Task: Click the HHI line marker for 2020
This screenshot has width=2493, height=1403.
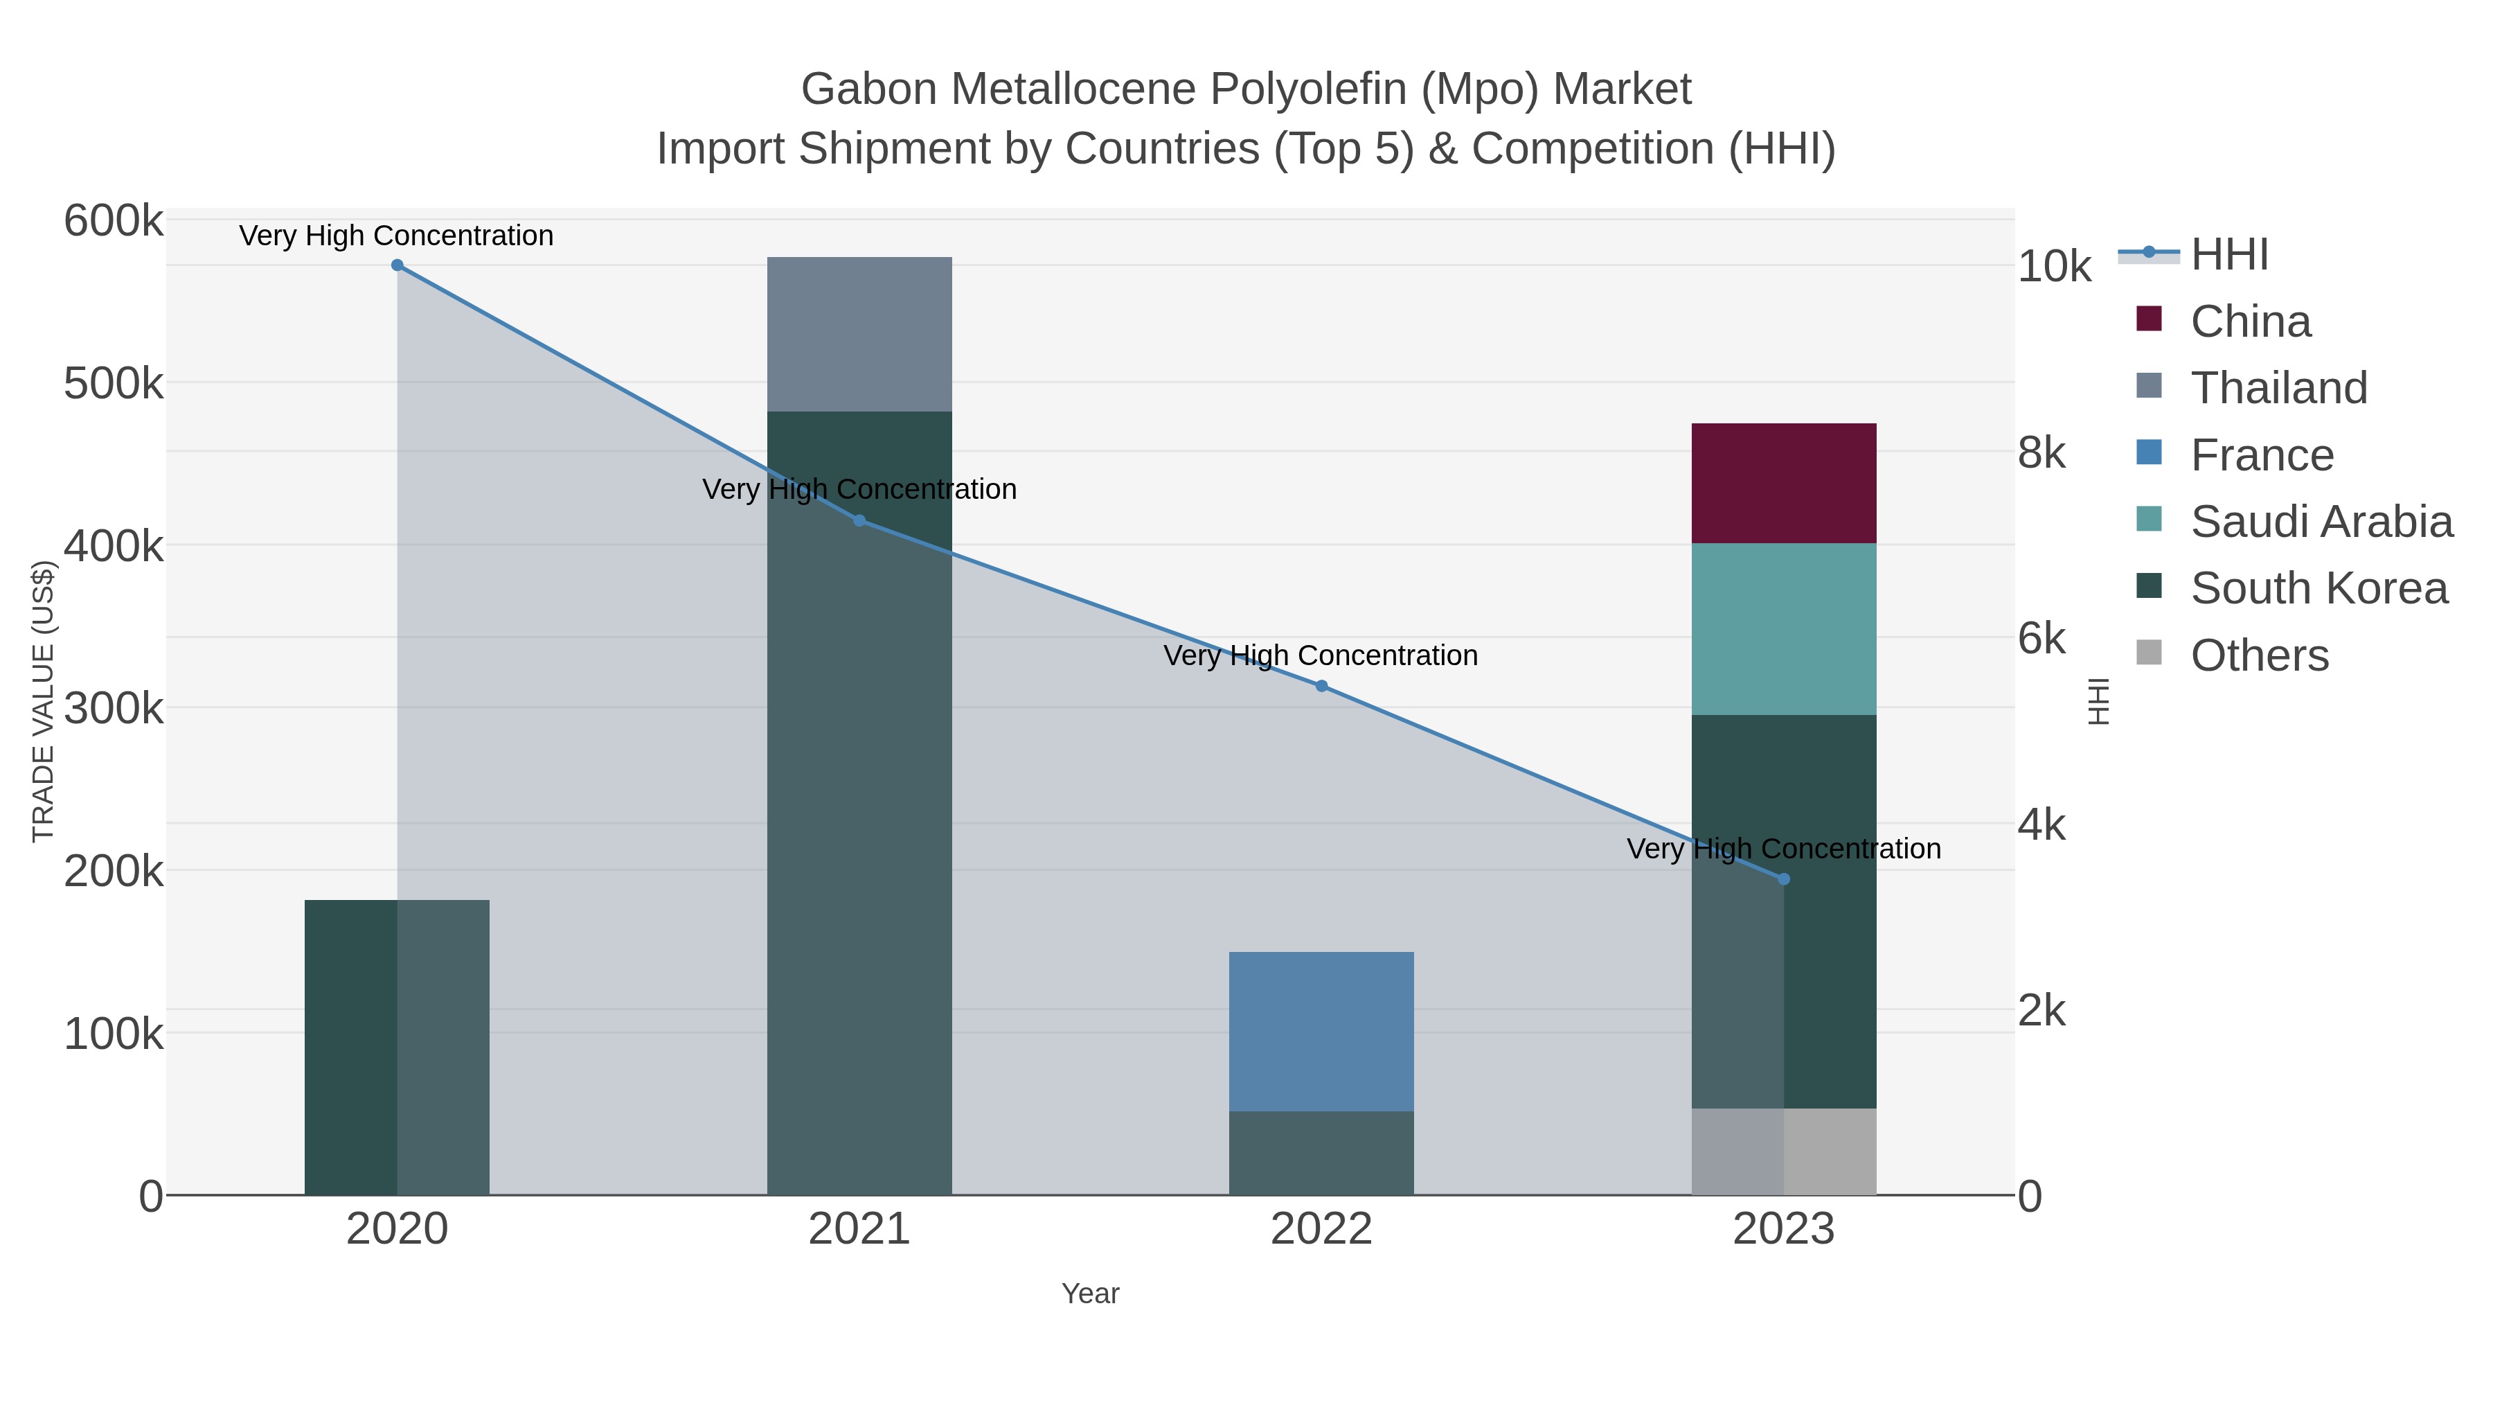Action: (x=397, y=265)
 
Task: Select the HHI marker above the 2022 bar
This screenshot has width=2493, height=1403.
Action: (x=1321, y=685)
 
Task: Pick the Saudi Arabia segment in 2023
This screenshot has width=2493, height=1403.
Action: (x=1784, y=629)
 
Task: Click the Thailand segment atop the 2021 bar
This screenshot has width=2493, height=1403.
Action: (x=859, y=334)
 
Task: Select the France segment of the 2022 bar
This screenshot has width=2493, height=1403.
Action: (x=1321, y=1031)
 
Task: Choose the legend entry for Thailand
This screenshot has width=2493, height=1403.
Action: (x=2278, y=388)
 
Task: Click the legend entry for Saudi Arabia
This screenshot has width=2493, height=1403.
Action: (x=2321, y=522)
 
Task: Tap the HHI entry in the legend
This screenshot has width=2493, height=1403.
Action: (x=2228, y=255)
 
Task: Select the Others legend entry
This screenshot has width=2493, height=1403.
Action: (x=2259, y=655)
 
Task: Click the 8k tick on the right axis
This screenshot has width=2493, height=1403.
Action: (x=2041, y=453)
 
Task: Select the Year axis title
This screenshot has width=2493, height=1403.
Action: (x=1090, y=1294)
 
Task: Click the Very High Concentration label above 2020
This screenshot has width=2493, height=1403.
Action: (x=397, y=236)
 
